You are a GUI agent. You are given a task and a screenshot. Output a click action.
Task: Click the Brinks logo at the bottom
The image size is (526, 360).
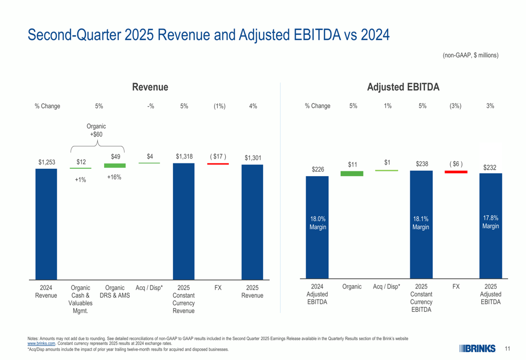click(x=477, y=348)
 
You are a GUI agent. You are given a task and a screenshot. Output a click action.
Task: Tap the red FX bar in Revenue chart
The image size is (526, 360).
click(x=218, y=164)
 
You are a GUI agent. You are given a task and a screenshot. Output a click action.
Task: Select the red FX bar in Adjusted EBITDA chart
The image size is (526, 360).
click(x=456, y=172)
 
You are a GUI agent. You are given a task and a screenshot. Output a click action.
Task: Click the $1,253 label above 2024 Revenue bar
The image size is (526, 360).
click(x=46, y=162)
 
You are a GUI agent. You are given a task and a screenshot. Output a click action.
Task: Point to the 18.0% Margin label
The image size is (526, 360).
click(x=318, y=223)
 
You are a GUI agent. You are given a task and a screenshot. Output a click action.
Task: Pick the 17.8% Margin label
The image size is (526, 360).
click(x=491, y=222)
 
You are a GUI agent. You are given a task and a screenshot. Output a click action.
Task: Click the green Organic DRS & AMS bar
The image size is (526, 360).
click(x=115, y=166)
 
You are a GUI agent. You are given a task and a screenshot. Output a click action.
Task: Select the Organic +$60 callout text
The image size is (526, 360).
click(x=96, y=130)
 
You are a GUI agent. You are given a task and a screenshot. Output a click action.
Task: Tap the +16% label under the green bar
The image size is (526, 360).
click(x=114, y=178)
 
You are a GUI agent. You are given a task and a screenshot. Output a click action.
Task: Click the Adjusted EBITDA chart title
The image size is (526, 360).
click(x=403, y=87)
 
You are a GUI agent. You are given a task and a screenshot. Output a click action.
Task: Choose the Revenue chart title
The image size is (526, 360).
click(x=150, y=87)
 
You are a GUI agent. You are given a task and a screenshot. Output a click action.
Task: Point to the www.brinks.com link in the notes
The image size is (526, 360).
click(x=41, y=343)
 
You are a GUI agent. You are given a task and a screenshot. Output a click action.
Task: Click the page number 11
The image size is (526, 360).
click(x=508, y=348)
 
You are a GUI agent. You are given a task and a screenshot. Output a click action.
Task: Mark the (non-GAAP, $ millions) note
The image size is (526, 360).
click(x=470, y=55)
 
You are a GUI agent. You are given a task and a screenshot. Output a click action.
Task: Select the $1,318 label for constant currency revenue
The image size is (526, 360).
click(x=184, y=156)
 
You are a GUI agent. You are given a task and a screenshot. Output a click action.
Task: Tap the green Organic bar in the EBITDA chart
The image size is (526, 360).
click(x=352, y=173)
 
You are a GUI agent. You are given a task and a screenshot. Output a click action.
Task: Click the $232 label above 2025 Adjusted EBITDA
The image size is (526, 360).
click(x=490, y=168)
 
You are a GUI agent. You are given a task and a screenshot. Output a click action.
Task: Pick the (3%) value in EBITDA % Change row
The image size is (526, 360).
click(x=456, y=106)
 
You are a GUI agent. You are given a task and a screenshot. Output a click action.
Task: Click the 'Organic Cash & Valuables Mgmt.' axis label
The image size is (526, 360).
click(x=80, y=299)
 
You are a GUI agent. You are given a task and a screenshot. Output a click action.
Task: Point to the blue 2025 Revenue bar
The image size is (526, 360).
click(x=252, y=221)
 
